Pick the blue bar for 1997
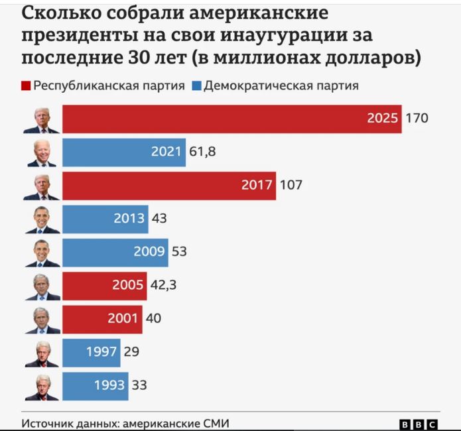click(x=91, y=351)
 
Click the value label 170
click(x=417, y=119)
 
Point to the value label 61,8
click(x=203, y=153)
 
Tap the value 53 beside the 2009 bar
click(x=179, y=252)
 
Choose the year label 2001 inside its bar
click(x=123, y=318)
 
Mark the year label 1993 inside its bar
click(x=109, y=385)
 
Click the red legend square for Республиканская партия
click(x=27, y=86)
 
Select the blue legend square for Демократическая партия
click(x=196, y=86)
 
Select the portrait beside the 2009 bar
click(x=42, y=253)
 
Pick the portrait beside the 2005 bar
click(x=42, y=286)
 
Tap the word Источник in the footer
click(x=48, y=424)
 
